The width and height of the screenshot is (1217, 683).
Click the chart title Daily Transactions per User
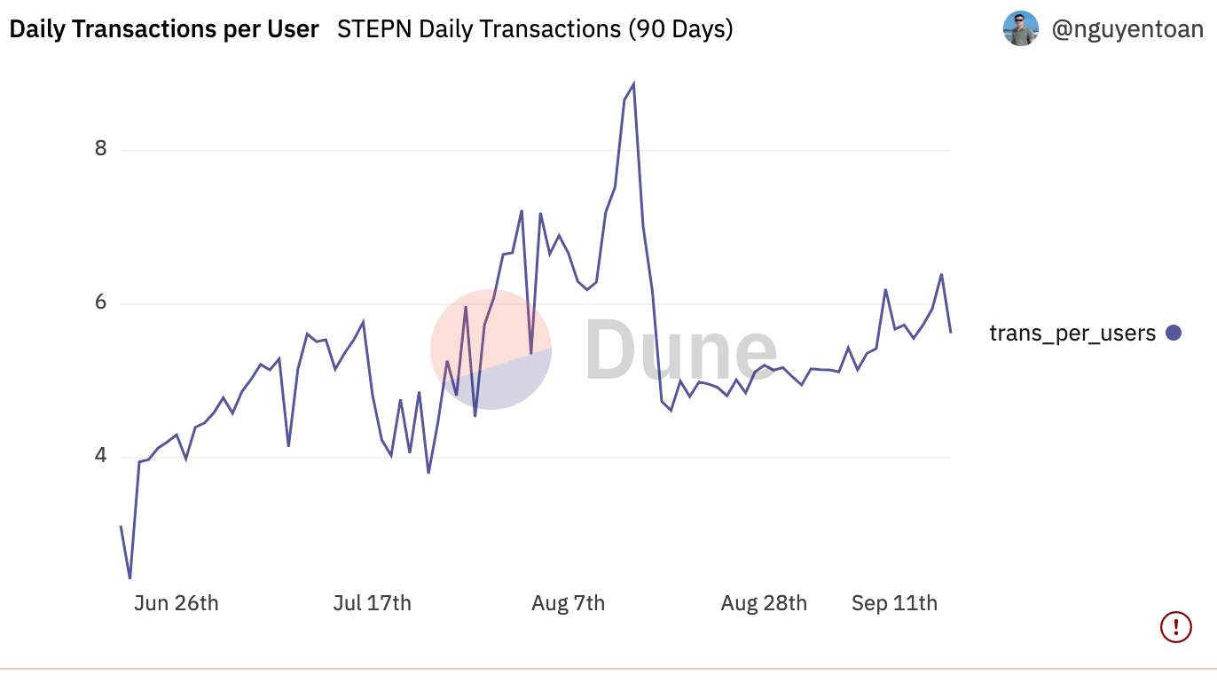point(164,29)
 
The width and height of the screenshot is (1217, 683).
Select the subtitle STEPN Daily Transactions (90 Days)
point(535,29)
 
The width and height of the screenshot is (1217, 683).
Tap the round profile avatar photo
point(1021,28)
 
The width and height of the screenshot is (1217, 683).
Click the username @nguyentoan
point(1127,29)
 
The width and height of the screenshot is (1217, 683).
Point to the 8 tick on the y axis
point(100,148)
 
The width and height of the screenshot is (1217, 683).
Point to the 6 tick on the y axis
point(100,302)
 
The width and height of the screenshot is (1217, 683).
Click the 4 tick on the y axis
point(100,455)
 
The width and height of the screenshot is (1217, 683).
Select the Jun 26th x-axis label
point(176,603)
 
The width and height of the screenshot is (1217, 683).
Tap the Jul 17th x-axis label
point(373,603)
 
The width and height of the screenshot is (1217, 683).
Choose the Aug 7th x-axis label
point(569,603)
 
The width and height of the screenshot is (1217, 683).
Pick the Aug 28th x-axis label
point(764,603)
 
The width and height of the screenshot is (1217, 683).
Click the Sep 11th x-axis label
point(894,603)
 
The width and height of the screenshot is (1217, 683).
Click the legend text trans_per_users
point(1072,334)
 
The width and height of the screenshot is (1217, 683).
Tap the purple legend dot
point(1174,333)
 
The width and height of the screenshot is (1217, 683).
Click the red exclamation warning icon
point(1176,627)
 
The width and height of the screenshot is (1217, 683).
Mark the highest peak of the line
point(633,84)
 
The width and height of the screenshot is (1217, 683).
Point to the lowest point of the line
point(130,578)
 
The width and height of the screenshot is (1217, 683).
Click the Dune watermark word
point(680,349)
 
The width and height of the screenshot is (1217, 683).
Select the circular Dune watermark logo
point(491,349)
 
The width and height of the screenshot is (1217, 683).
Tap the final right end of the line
point(950,332)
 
